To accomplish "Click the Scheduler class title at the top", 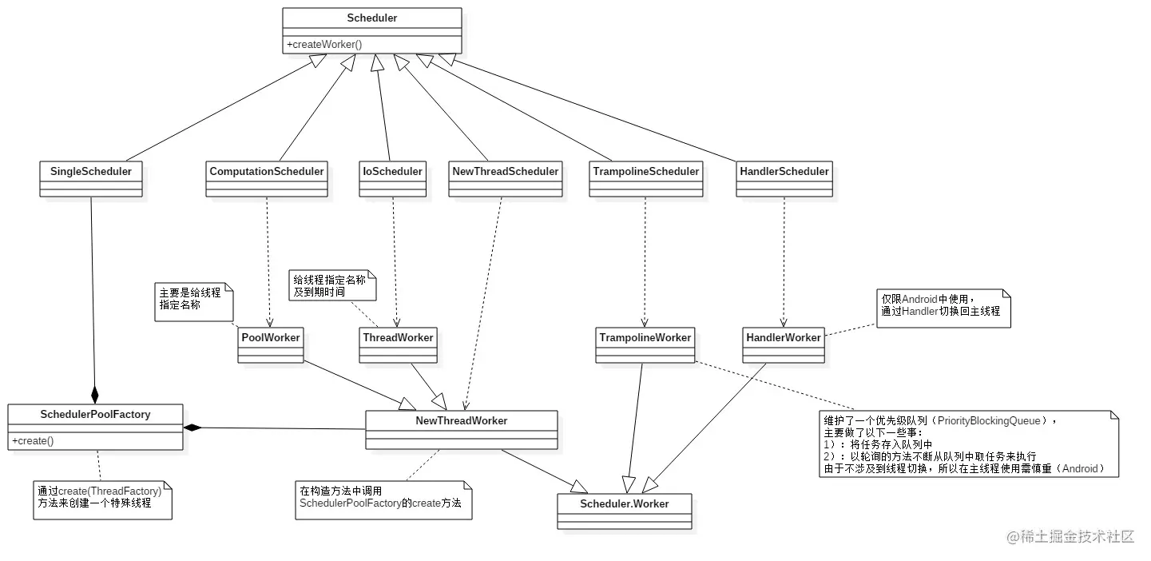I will pyautogui.click(x=372, y=18).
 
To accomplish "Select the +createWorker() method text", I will pyautogui.click(x=324, y=44).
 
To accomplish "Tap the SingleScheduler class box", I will pyautogui.click(x=91, y=178).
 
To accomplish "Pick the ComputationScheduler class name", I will pyautogui.click(x=267, y=171).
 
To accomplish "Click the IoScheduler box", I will pyautogui.click(x=391, y=178).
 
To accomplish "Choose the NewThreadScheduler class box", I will pyautogui.click(x=504, y=178).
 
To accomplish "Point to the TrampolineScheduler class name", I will pyautogui.click(x=645, y=171).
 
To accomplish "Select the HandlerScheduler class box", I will pyautogui.click(x=784, y=178).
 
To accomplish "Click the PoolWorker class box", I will pyautogui.click(x=271, y=344).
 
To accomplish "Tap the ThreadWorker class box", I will pyautogui.click(x=398, y=344).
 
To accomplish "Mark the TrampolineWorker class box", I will pyautogui.click(x=645, y=344).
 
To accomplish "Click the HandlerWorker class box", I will pyautogui.click(x=783, y=344).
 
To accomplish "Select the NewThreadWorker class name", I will pyautogui.click(x=461, y=420).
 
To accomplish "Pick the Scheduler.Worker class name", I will pyautogui.click(x=625, y=503).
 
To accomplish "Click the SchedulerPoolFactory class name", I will pyautogui.click(x=95, y=414).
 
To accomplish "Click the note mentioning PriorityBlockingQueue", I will pyautogui.click(x=967, y=444).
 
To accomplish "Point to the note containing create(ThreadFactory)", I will pyautogui.click(x=101, y=499).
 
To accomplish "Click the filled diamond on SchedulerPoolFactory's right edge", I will pyautogui.click(x=192, y=428).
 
